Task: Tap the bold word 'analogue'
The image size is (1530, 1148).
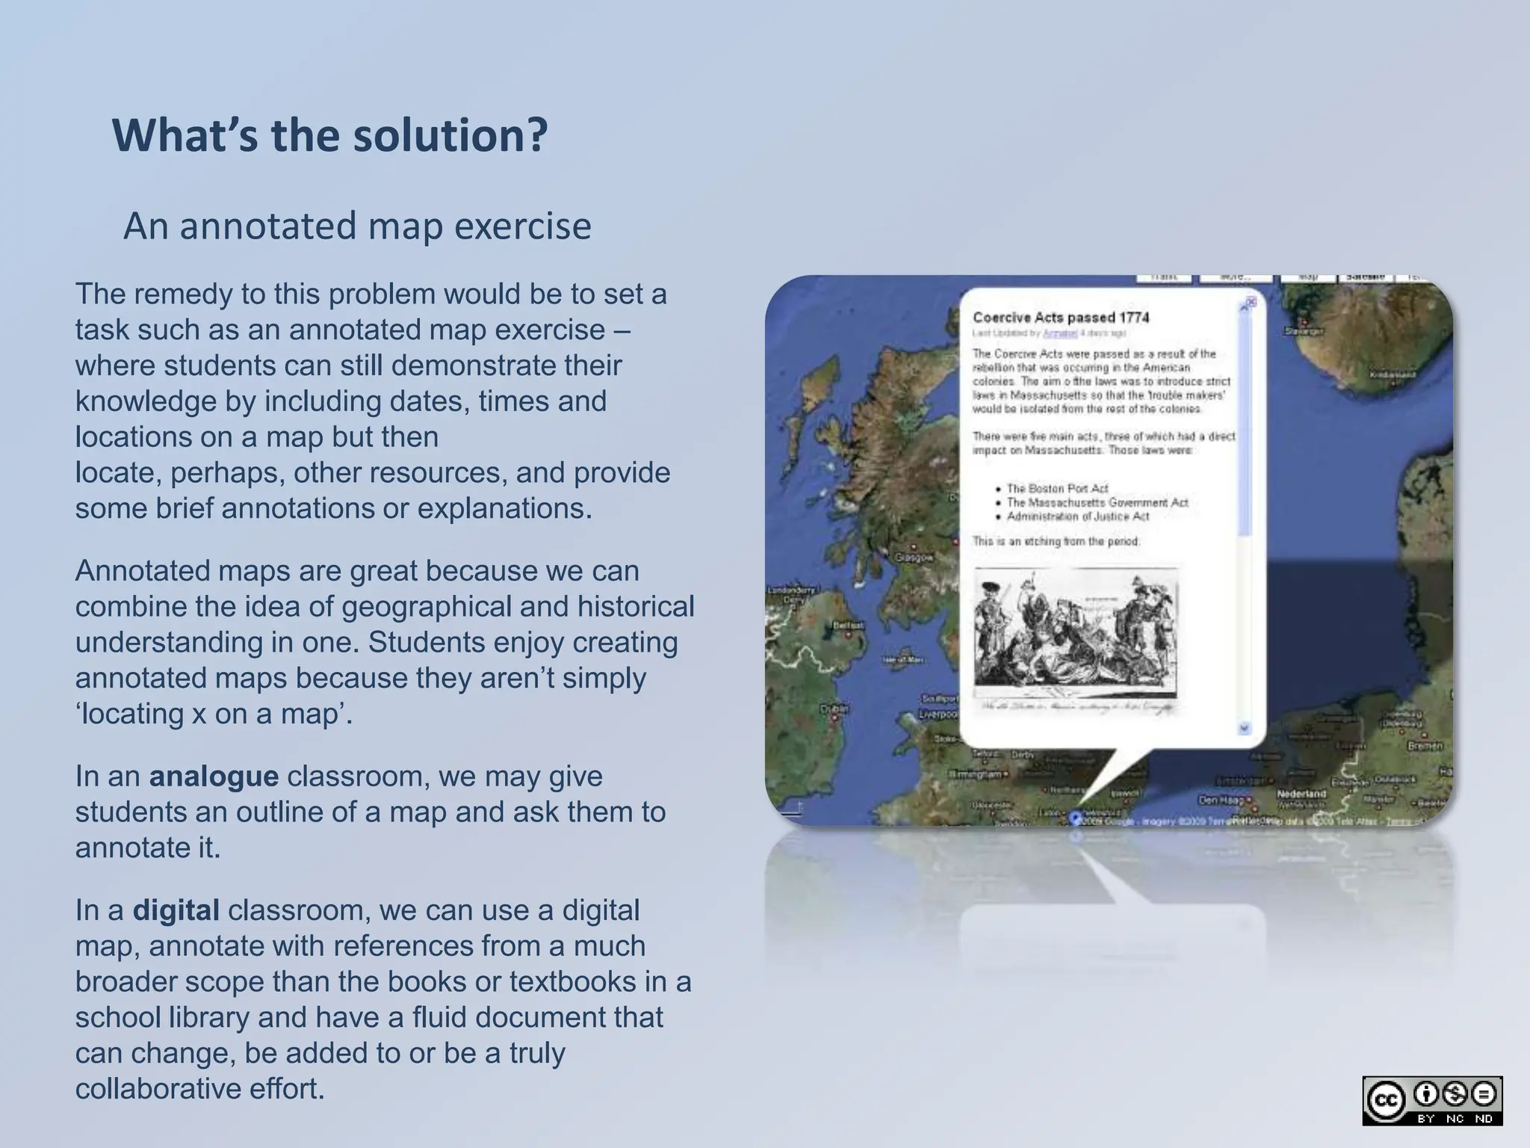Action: tap(214, 777)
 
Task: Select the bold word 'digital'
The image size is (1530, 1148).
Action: tap(176, 910)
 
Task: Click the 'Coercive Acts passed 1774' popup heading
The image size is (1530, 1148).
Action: tap(1061, 318)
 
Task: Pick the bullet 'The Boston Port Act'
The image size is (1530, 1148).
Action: tap(1057, 488)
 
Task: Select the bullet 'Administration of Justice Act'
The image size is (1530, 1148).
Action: tap(1077, 516)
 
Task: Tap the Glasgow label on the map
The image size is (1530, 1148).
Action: tap(914, 558)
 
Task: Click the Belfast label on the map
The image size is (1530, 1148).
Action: tap(848, 625)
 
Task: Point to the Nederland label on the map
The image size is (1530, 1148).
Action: tap(1301, 793)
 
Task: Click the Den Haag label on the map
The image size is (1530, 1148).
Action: tap(1220, 800)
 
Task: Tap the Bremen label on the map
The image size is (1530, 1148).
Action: tap(1425, 746)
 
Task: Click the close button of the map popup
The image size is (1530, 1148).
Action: tap(1251, 303)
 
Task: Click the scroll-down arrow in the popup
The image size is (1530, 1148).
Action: tap(1244, 727)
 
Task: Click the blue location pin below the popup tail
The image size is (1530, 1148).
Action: tap(1076, 818)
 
